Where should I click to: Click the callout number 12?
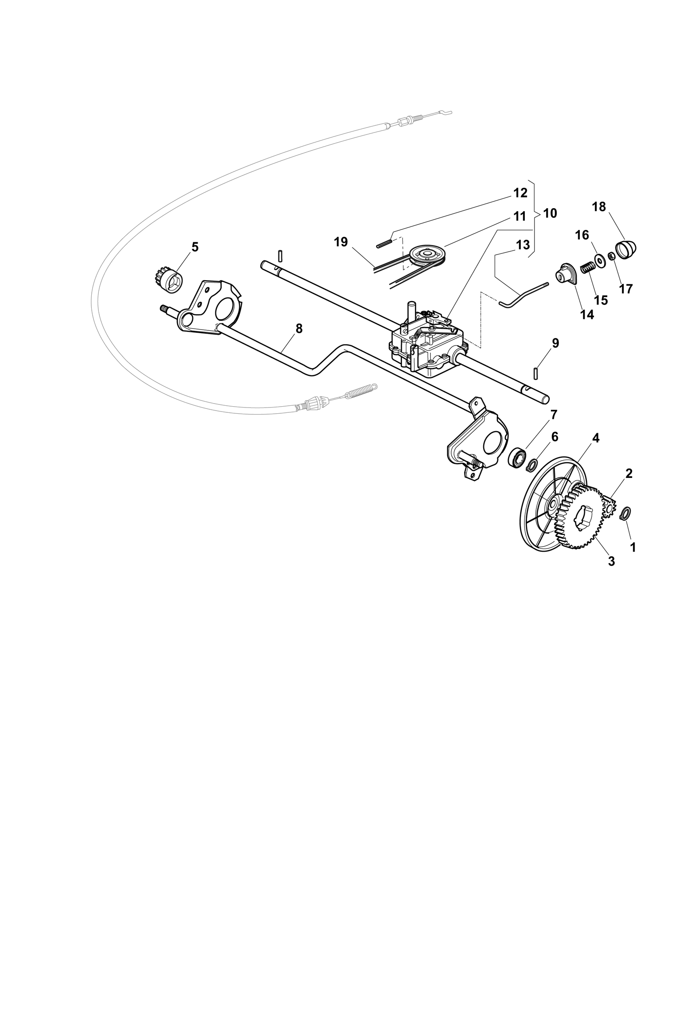point(520,193)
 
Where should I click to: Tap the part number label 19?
point(341,242)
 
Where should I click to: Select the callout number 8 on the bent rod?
point(299,328)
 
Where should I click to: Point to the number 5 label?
point(195,247)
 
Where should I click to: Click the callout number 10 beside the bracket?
point(550,213)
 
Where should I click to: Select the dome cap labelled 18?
point(625,249)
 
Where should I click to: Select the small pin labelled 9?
point(535,374)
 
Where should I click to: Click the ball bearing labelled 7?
point(517,457)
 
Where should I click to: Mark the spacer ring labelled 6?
point(532,465)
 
